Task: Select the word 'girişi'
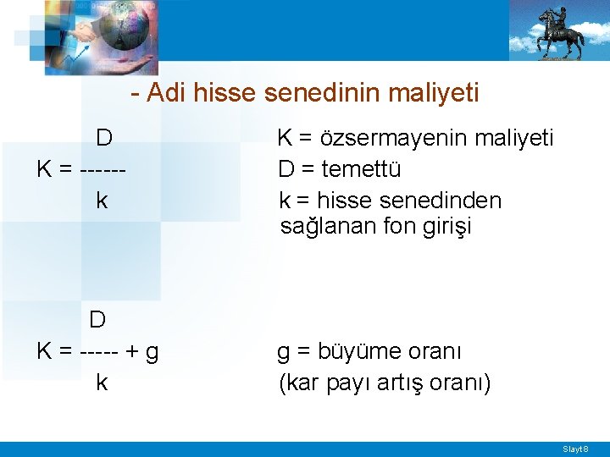click(442, 227)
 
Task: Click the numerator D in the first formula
click(104, 137)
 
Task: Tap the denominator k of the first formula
click(102, 201)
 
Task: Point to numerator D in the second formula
click(98, 319)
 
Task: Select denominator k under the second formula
click(102, 383)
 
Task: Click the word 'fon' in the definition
click(404, 227)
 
